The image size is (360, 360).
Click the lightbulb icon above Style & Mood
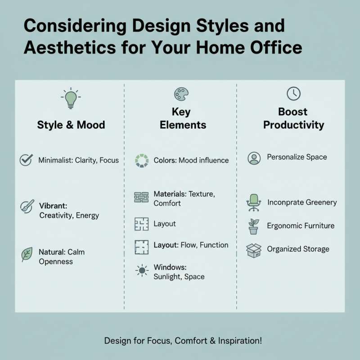click(71, 99)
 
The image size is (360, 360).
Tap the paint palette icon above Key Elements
click(181, 94)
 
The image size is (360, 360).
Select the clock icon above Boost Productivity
click(293, 94)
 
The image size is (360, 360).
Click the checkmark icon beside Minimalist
click(26, 160)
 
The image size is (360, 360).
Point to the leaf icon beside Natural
click(27, 255)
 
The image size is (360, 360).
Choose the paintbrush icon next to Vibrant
click(27, 207)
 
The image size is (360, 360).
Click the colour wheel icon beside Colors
click(141, 161)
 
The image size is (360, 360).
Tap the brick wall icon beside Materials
click(141, 198)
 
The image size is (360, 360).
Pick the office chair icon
click(254, 202)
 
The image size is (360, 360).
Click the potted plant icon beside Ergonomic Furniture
click(254, 226)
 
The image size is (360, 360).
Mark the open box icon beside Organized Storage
click(254, 250)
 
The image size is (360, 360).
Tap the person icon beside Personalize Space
click(254, 158)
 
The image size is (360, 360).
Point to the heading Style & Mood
click(71, 125)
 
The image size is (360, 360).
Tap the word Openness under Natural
click(55, 261)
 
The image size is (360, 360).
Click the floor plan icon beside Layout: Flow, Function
click(141, 246)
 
